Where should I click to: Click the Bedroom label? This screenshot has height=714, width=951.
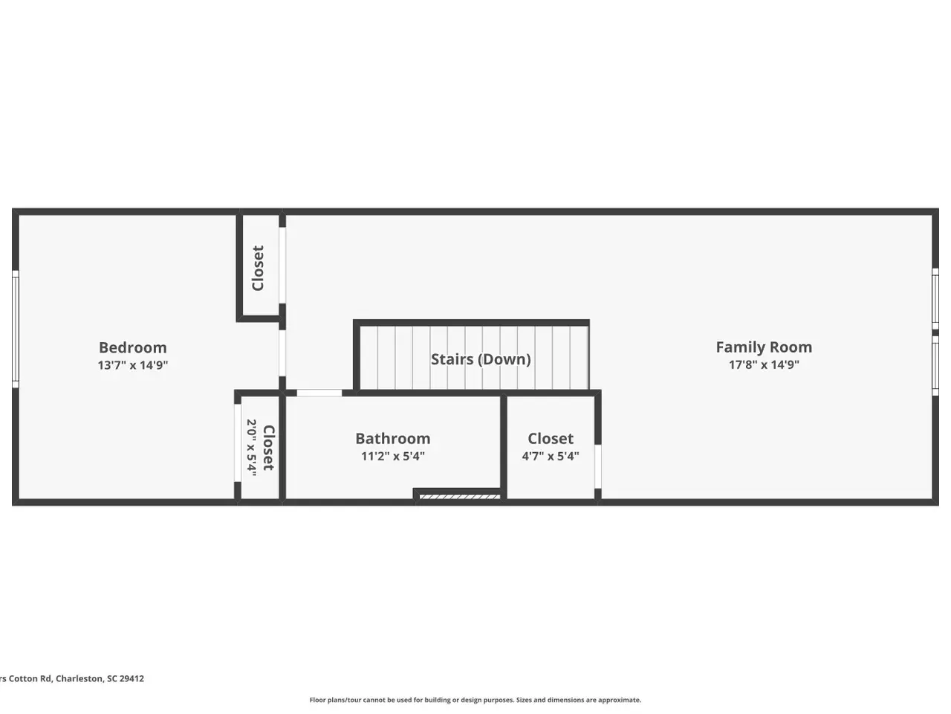[132, 347]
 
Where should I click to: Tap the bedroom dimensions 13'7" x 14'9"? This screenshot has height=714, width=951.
[132, 365]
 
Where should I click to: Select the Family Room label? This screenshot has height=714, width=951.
[764, 347]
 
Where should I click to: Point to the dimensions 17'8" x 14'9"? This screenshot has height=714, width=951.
[764, 364]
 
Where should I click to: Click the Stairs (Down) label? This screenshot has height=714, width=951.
[481, 359]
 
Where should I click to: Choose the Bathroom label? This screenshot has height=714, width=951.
[393, 438]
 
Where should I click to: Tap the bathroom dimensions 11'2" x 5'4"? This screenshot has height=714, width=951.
[393, 456]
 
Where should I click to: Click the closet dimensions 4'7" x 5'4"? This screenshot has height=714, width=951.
[551, 456]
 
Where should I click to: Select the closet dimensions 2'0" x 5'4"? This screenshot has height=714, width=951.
[252, 448]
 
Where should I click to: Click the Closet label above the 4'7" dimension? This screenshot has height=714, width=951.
[551, 438]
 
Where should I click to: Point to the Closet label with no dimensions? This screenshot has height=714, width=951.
[258, 268]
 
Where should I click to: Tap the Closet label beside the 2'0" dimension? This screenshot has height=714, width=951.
[269, 448]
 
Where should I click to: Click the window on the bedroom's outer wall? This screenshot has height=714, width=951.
[15, 329]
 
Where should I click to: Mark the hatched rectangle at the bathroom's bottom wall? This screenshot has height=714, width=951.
[460, 496]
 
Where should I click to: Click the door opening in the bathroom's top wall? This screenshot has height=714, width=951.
[319, 393]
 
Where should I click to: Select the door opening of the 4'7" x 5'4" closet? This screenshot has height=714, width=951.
[598, 466]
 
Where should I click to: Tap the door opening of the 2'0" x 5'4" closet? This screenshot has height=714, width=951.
[238, 443]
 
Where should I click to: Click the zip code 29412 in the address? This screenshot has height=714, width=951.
[132, 678]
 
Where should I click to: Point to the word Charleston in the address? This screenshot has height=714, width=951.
[79, 678]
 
